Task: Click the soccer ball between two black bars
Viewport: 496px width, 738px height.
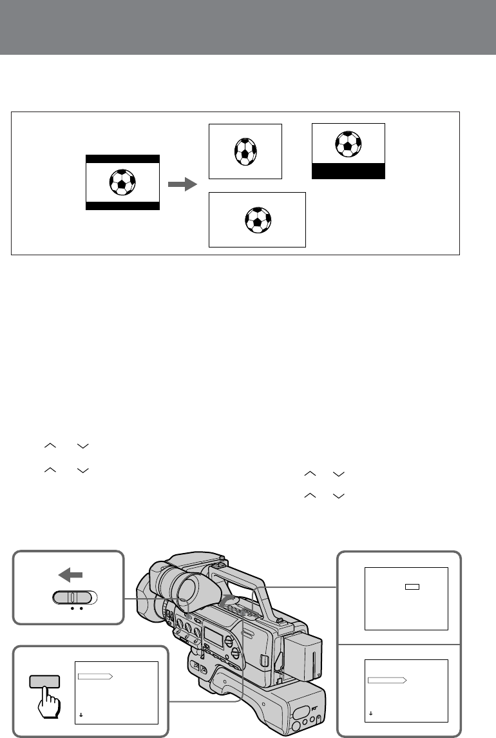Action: (x=122, y=182)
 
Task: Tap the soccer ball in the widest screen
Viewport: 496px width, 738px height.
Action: (x=258, y=220)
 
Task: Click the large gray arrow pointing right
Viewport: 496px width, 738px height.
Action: (x=181, y=185)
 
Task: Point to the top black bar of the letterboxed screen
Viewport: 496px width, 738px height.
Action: (x=122, y=158)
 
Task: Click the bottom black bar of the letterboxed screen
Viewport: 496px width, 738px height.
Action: (x=122, y=206)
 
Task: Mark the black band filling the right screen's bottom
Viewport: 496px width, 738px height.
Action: (x=348, y=171)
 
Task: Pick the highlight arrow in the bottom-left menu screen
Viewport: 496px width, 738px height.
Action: (x=95, y=677)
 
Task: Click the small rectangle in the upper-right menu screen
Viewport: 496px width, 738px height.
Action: (x=412, y=587)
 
